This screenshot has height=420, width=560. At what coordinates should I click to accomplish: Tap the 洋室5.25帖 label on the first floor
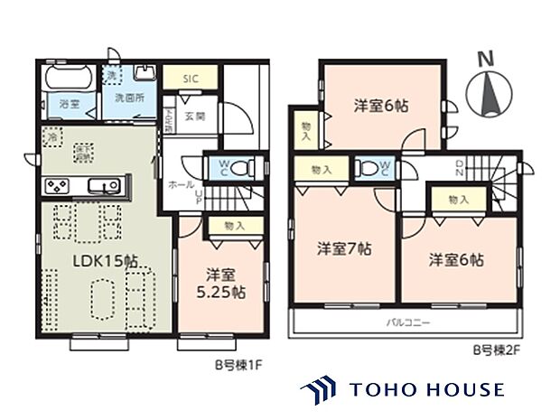tap(220, 283)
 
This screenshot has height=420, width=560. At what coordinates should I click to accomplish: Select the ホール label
tap(178, 184)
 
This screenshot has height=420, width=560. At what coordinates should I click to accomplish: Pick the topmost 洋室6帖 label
tap(379, 106)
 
